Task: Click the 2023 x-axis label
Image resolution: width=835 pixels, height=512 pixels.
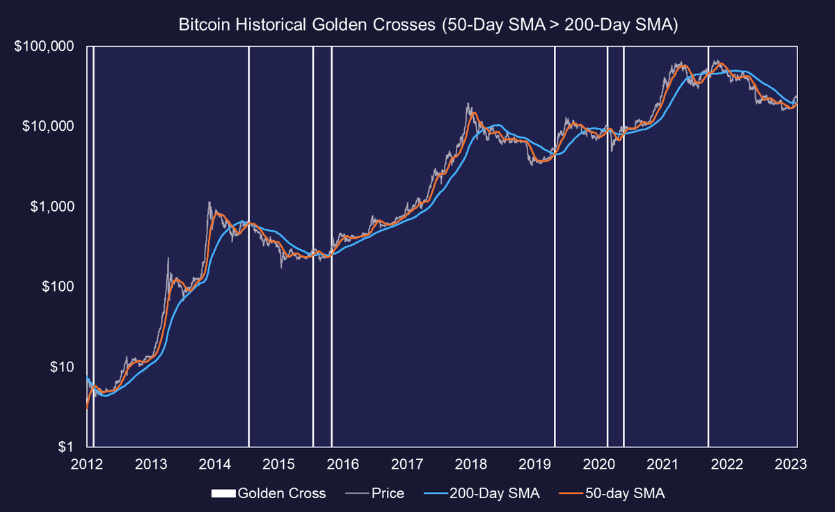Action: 796,464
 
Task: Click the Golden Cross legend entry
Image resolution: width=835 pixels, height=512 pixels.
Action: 268,494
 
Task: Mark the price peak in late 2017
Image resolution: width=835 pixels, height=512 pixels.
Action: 469,104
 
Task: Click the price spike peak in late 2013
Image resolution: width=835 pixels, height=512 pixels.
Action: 209,202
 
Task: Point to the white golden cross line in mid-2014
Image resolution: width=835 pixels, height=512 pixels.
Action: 248,243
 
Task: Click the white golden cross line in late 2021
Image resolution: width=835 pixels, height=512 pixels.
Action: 708,243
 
